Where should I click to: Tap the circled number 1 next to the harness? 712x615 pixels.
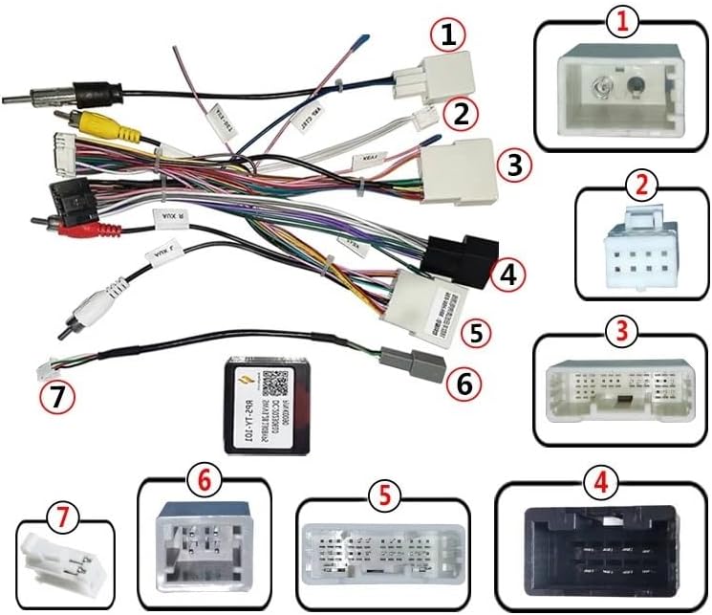[x=447, y=36]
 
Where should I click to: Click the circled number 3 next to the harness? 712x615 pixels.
[x=514, y=165]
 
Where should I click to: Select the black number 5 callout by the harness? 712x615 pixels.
[x=476, y=333]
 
